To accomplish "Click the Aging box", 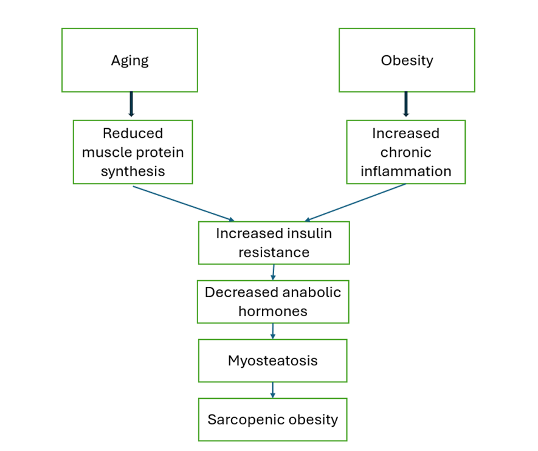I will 129,60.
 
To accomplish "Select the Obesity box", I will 407,60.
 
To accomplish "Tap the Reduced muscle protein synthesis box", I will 133,152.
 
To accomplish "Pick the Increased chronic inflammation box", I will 405,152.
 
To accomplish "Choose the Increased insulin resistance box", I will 274,243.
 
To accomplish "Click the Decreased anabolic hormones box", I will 273,301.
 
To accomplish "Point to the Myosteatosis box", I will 272,360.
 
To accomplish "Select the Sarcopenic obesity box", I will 272,419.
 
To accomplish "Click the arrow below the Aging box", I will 131,105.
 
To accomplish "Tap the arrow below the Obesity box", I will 406,105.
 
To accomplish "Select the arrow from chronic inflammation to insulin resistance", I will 355,203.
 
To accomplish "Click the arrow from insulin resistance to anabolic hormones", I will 274,272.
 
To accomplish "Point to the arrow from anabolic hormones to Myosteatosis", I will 273,331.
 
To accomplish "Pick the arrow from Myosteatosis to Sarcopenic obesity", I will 272,390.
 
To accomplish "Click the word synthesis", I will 133,171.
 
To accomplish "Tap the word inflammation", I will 405,171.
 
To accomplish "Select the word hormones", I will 273,311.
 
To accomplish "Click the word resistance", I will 274,252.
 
